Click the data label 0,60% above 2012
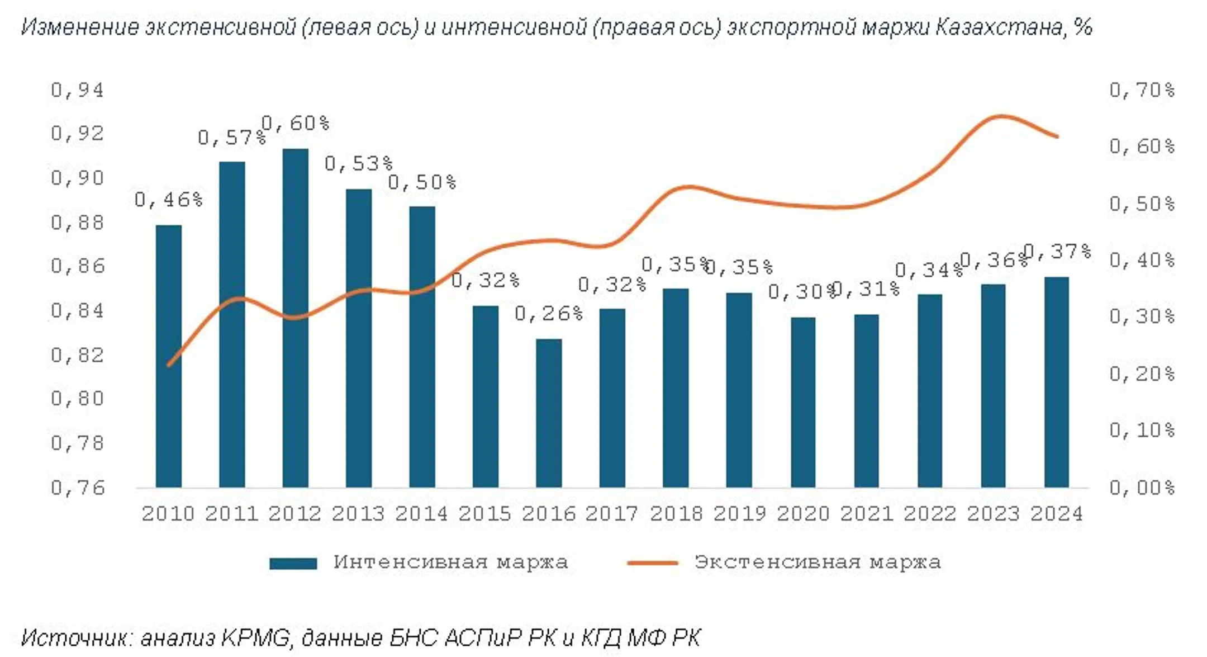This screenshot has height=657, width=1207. pos(295,123)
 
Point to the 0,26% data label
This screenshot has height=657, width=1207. pos(548,314)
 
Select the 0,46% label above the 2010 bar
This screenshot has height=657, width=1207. pos(168,199)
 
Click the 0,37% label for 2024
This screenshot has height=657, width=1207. pos(1057,251)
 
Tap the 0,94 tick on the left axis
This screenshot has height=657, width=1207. pos(77,90)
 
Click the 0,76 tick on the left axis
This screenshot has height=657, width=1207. pos(77,488)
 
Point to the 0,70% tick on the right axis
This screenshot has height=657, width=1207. pos(1142,90)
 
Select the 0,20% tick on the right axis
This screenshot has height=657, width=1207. pos(1142,374)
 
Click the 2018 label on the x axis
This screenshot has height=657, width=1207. pos(676,513)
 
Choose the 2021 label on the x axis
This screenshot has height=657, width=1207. pos(866,513)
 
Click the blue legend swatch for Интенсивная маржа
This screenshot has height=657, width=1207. pos(293,563)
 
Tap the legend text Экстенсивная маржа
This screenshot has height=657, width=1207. pos(817,562)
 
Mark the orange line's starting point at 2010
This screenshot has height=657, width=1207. pos(169,365)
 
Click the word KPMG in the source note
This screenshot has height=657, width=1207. pos(256,637)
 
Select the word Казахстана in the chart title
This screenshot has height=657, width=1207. pos(999,26)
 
